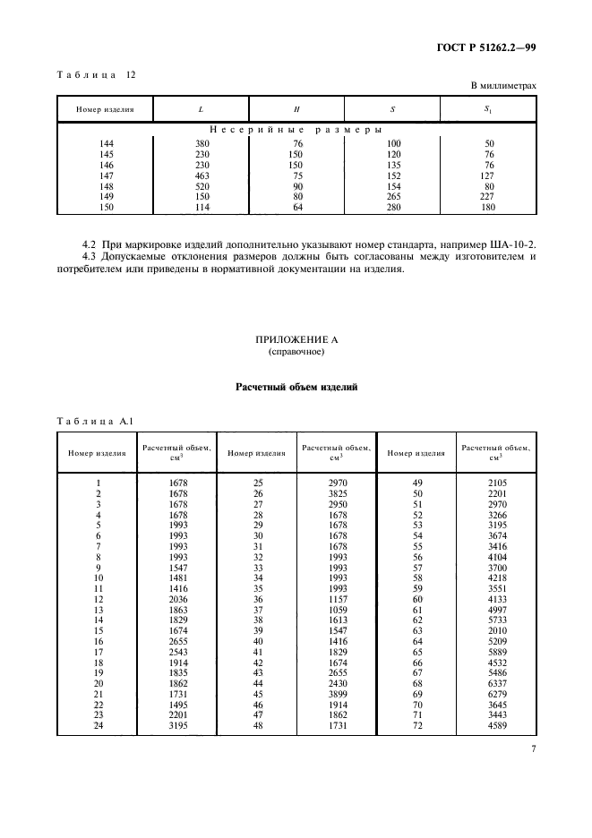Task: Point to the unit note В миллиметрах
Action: pos(503,86)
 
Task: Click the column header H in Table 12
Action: pos(296,109)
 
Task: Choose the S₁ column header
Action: pos(489,109)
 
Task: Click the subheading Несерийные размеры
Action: pos(296,131)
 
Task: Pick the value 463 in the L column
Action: pos(201,176)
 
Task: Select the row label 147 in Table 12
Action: pos(106,176)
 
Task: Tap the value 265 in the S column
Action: pos(392,198)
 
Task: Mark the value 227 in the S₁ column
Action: pos(489,198)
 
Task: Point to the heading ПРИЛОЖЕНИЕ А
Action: pos(296,340)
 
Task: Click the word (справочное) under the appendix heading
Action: pos(296,353)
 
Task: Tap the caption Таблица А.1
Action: pos(94,420)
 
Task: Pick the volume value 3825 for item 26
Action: pos(336,493)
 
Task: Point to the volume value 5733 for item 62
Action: pos(495,619)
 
